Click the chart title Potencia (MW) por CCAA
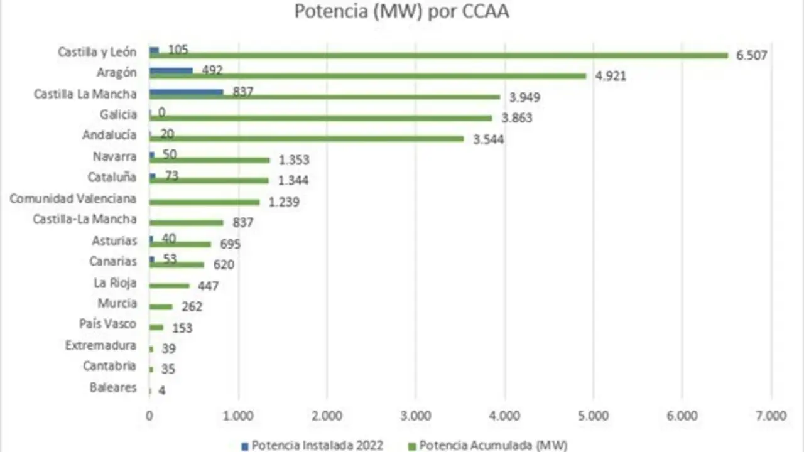pyautogui.click(x=402, y=12)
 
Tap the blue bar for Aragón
pyautogui.click(x=171, y=71)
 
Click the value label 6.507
pyautogui.click(x=752, y=55)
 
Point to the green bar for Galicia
pyautogui.click(x=321, y=118)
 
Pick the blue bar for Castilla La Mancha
pyautogui.click(x=186, y=92)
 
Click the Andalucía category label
pyautogui.click(x=109, y=135)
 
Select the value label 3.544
pyautogui.click(x=488, y=139)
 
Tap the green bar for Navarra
pyautogui.click(x=209, y=160)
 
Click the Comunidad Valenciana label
pyautogui.click(x=73, y=199)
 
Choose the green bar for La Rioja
pyautogui.click(x=169, y=286)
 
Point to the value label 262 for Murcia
pyautogui.click(x=192, y=307)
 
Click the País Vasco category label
pyautogui.click(x=107, y=324)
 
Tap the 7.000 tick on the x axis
pyautogui.click(x=771, y=416)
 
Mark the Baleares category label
pyautogui.click(x=113, y=387)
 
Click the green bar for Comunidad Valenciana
pyautogui.click(x=204, y=202)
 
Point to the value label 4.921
pyautogui.click(x=611, y=77)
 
